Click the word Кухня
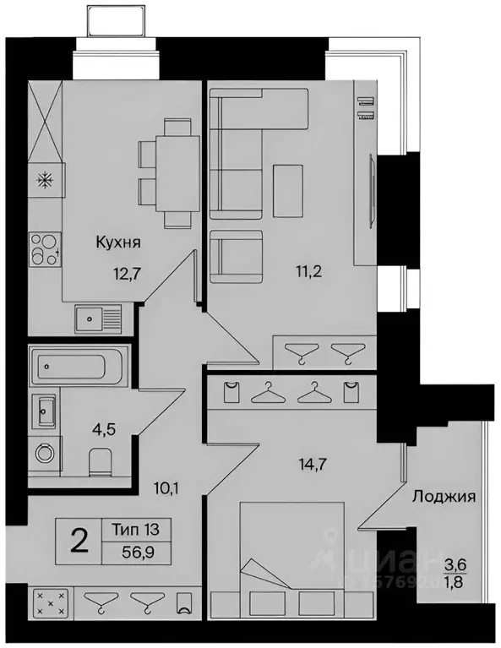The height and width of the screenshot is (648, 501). click(x=117, y=242)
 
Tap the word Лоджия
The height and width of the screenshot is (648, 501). click(x=443, y=497)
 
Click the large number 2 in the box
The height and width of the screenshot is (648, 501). click(x=80, y=541)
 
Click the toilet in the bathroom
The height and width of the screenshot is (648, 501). click(x=100, y=460)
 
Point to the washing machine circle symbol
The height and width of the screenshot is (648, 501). click(x=43, y=455)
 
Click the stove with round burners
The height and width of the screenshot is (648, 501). click(x=44, y=248)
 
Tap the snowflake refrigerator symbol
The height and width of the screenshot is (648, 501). click(x=44, y=180)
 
